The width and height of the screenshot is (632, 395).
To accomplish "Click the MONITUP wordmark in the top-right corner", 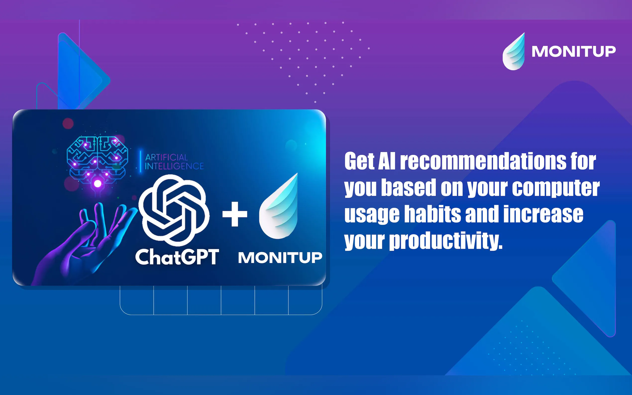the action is pyautogui.click(x=574, y=51).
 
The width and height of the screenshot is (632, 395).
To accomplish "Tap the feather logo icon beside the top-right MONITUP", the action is pyautogui.click(x=514, y=52).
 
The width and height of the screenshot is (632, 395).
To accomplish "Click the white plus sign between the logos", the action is pyautogui.click(x=235, y=214).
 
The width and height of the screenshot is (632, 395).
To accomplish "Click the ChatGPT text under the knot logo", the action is pyautogui.click(x=177, y=257).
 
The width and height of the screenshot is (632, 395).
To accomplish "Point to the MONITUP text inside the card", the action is pyautogui.click(x=280, y=258).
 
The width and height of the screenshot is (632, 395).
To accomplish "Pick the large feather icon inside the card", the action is pyautogui.click(x=278, y=206).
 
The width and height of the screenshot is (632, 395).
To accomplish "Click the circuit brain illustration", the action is pyautogui.click(x=97, y=159).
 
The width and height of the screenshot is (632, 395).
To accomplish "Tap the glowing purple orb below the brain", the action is pyautogui.click(x=98, y=184).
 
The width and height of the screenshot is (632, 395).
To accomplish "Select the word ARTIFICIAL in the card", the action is pyautogui.click(x=166, y=157).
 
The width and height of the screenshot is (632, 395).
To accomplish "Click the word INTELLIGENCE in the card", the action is pyautogui.click(x=174, y=166).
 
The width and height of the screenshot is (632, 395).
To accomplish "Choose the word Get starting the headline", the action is pyautogui.click(x=359, y=161).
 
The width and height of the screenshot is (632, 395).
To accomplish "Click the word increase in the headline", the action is pyautogui.click(x=543, y=214).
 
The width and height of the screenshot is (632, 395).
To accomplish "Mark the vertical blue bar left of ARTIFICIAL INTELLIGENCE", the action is pyautogui.click(x=141, y=161).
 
